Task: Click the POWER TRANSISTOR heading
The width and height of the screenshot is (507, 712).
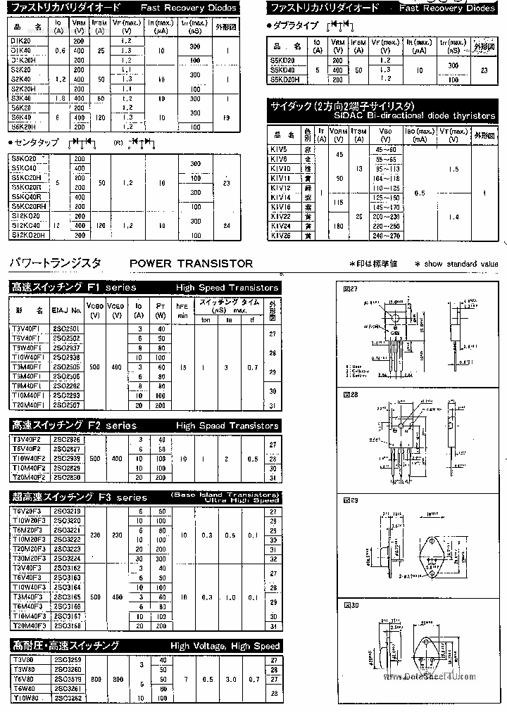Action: point(191,264)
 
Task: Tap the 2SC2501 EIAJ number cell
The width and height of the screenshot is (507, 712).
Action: point(67,329)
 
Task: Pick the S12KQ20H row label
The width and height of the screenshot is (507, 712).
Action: point(28,234)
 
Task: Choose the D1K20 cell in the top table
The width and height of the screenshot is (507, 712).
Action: point(21,42)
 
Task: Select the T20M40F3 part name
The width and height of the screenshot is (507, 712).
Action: point(29,625)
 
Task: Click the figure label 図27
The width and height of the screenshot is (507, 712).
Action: point(350,290)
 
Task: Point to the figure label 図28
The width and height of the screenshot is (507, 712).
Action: point(350,395)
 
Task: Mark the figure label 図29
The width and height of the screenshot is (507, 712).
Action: point(350,500)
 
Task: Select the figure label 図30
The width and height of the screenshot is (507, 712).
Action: point(350,605)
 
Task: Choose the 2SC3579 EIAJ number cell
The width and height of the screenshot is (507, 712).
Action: point(67,680)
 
